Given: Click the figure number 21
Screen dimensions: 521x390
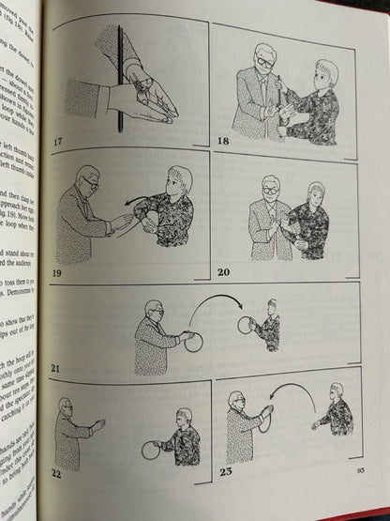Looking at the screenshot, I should click(x=56, y=370).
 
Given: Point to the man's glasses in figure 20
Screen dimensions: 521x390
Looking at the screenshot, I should click(x=269, y=188).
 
